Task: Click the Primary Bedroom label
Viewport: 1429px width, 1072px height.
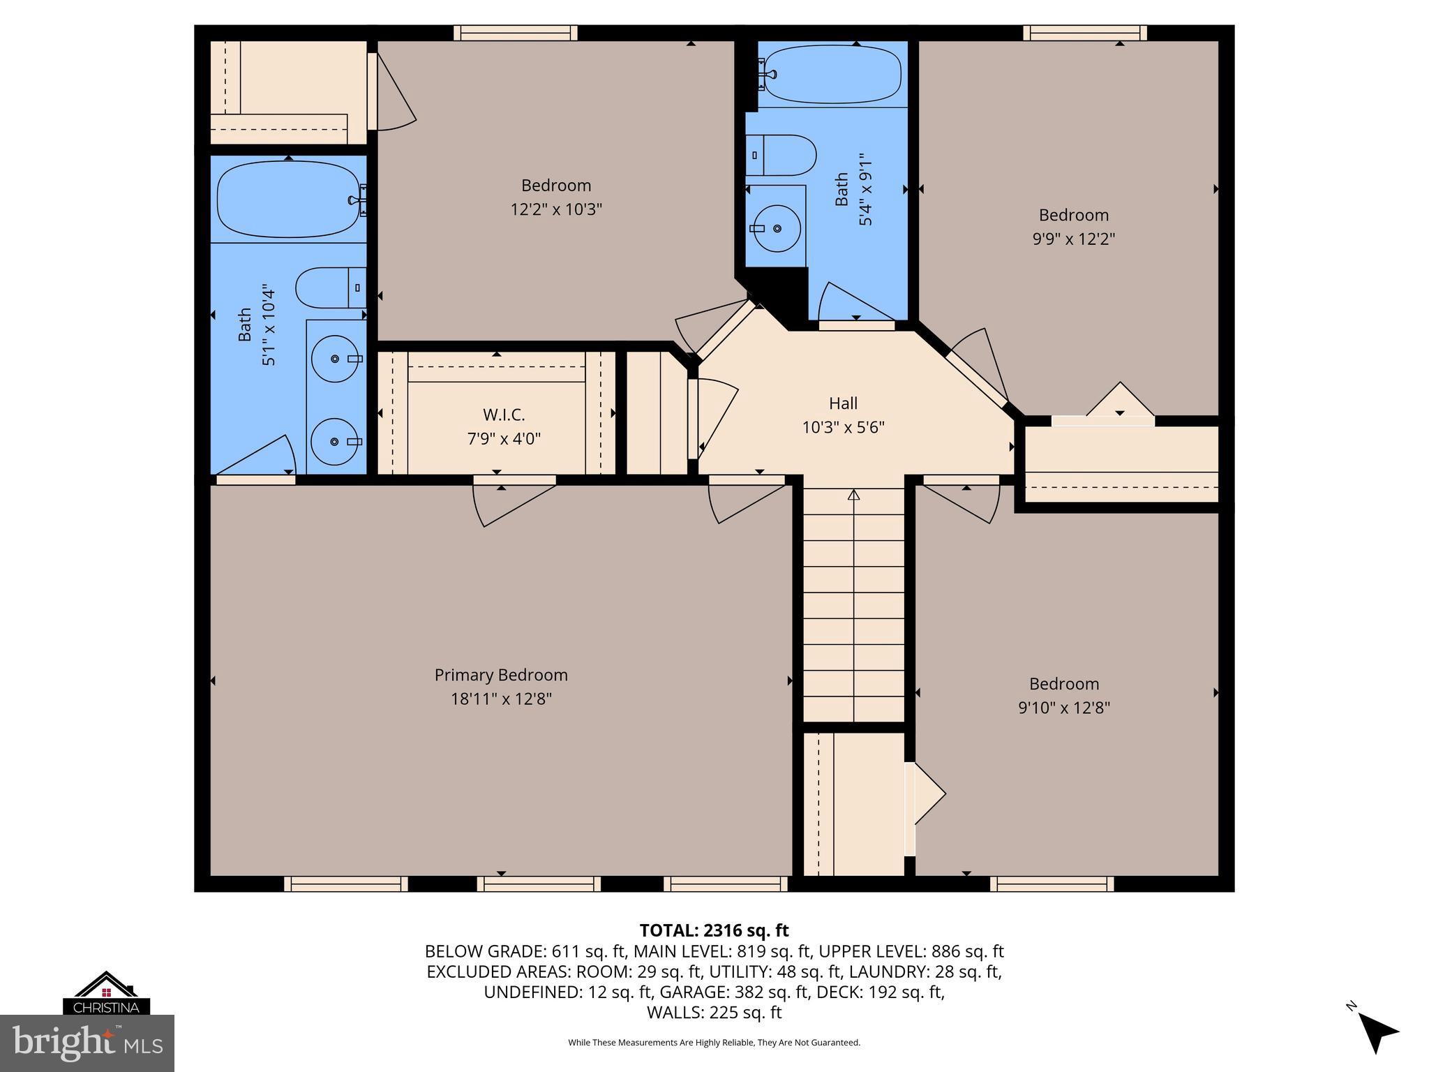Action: [x=501, y=675]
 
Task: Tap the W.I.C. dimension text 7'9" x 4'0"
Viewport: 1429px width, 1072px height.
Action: [x=504, y=439]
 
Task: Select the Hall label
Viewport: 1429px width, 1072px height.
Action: [x=843, y=403]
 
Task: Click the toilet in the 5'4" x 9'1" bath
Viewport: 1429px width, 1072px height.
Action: [x=781, y=156]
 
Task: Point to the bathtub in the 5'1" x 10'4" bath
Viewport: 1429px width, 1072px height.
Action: [x=288, y=200]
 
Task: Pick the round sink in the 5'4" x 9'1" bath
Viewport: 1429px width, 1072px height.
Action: [x=776, y=228]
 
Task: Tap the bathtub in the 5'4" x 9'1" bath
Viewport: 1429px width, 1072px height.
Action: [x=832, y=73]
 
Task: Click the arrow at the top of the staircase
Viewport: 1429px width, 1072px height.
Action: [x=853, y=495]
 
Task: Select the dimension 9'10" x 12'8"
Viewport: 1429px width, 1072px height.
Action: [x=1064, y=708]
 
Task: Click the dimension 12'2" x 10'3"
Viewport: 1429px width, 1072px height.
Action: [x=556, y=209]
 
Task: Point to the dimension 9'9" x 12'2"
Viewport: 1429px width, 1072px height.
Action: [x=1074, y=239]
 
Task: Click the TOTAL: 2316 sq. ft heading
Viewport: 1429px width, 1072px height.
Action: [x=714, y=930]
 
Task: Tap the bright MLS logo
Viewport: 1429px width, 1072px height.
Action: [x=87, y=1043]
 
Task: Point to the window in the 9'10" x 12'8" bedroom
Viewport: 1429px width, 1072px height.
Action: [x=1052, y=884]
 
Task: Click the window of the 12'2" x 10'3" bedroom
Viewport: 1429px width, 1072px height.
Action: [x=515, y=33]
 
